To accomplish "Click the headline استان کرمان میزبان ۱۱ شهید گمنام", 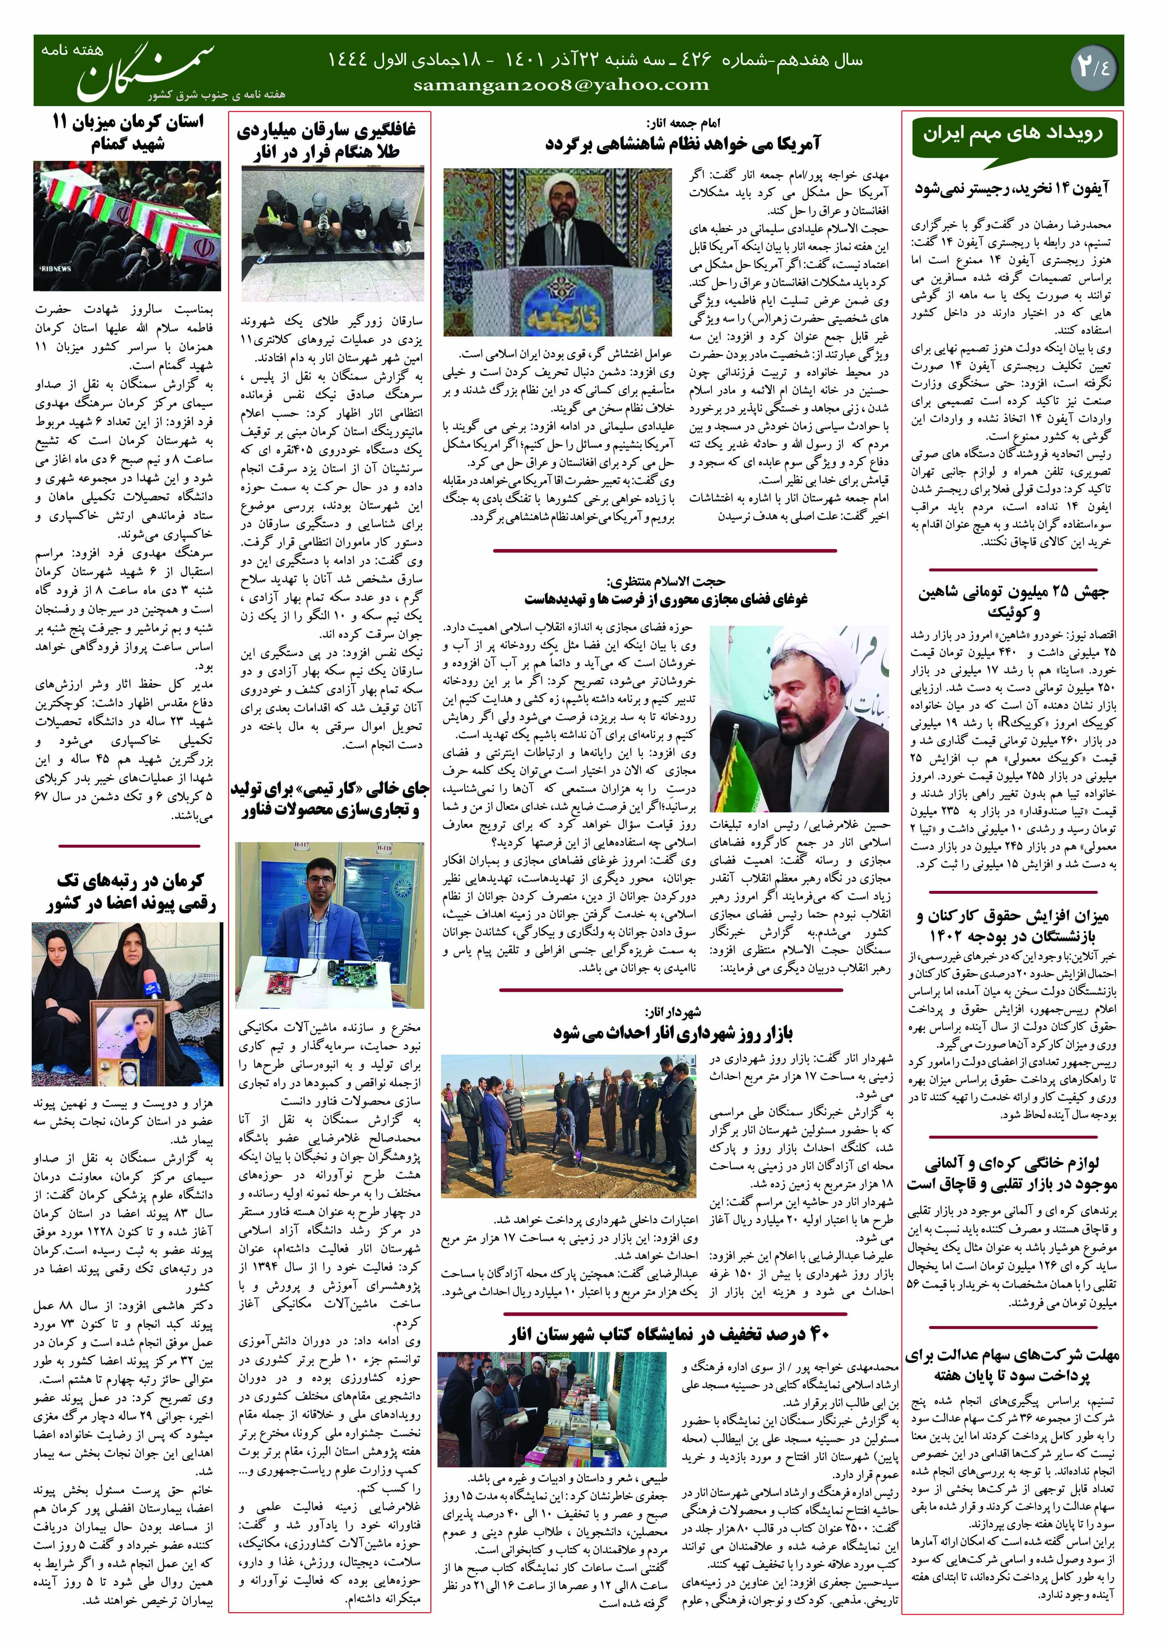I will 128,133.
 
